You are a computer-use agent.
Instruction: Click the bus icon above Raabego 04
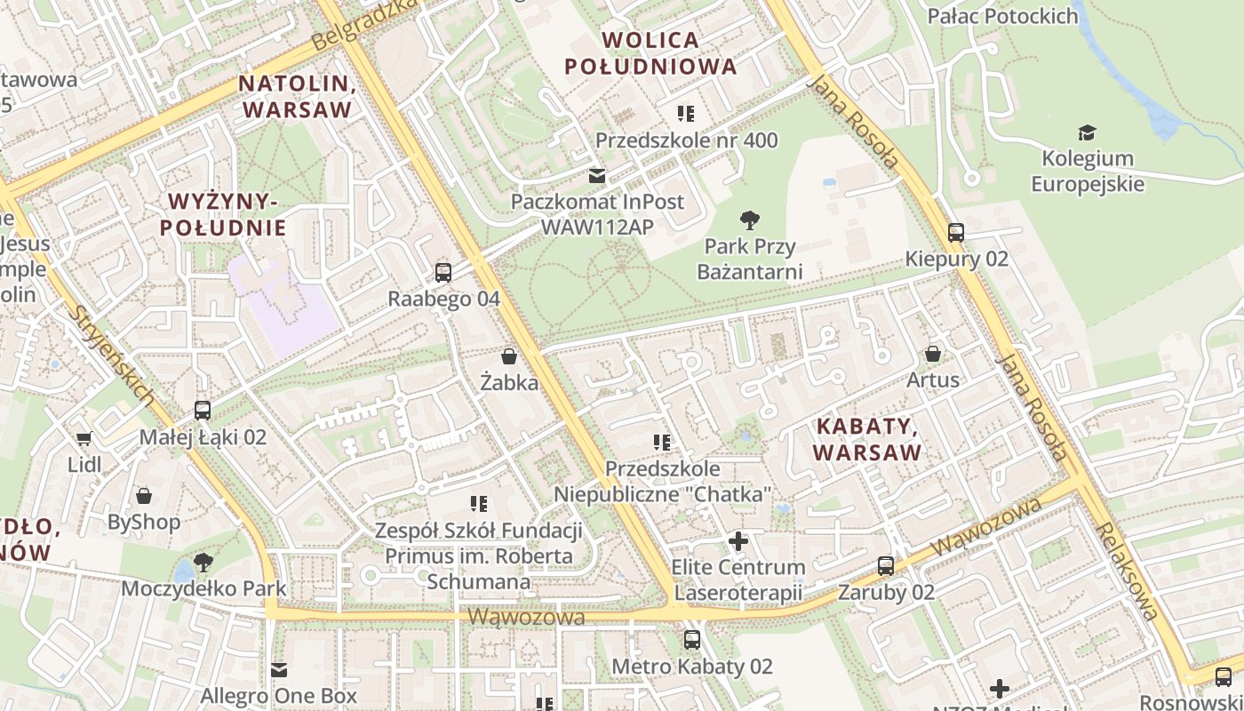(443, 273)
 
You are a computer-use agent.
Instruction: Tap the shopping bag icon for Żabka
(510, 357)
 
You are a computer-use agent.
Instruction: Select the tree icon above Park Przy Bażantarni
(750, 220)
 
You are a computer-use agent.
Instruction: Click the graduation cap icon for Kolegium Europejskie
(1087, 133)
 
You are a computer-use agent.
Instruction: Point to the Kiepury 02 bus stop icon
(956, 233)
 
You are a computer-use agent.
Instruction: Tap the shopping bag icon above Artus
(933, 354)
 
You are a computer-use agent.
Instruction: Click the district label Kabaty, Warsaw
(867, 439)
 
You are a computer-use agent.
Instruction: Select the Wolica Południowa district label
(650, 53)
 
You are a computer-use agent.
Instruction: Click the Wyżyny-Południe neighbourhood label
(223, 213)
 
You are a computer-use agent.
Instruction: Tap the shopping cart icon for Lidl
(84, 438)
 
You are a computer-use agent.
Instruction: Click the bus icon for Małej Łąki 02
(203, 411)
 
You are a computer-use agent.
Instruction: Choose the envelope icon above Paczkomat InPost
(597, 176)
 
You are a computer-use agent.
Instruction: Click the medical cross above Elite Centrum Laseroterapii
(738, 540)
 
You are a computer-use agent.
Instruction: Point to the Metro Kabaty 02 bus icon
(692, 639)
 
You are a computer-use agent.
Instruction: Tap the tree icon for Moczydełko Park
(203, 562)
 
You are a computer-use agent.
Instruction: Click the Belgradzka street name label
(365, 24)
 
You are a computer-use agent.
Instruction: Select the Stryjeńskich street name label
(113, 355)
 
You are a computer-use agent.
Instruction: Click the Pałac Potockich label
(1002, 15)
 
